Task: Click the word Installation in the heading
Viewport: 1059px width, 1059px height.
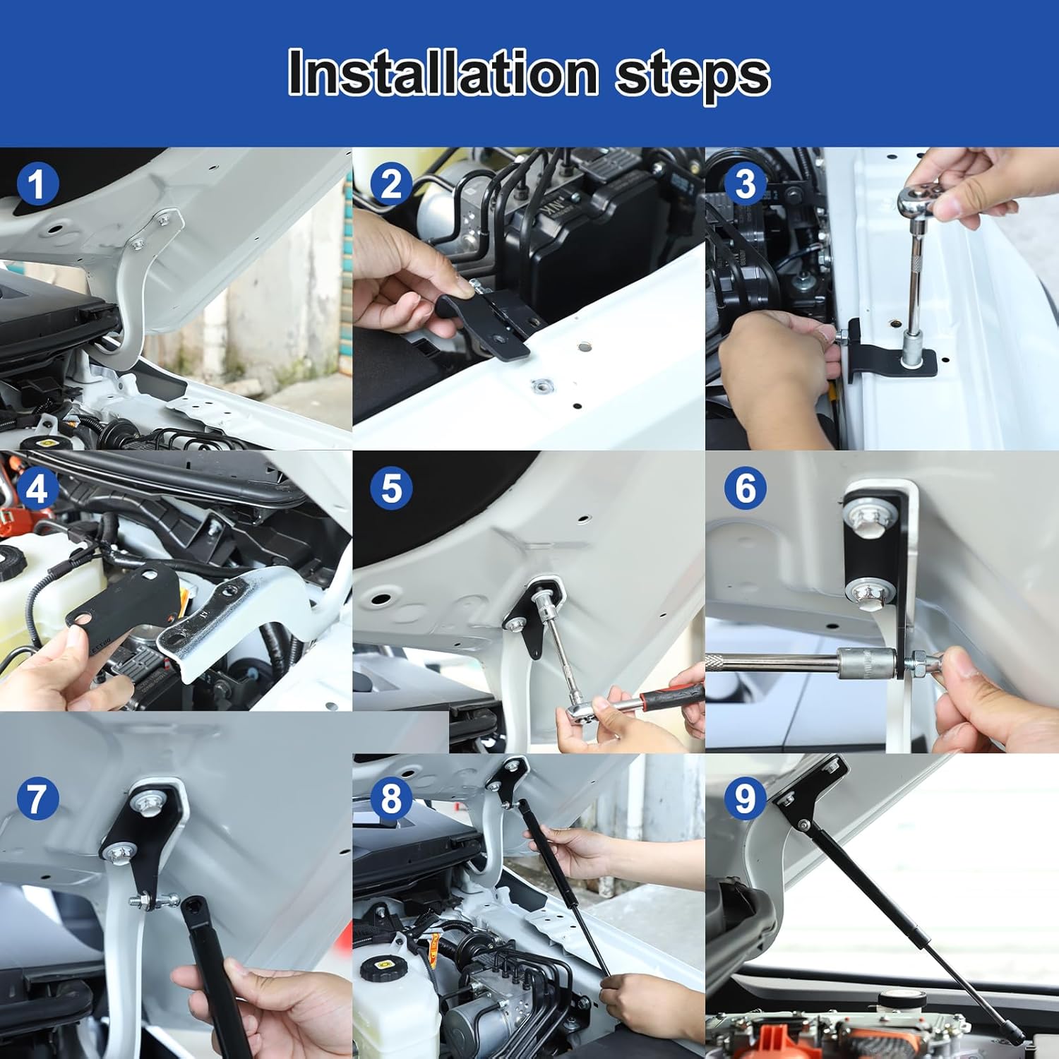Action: pyautogui.click(x=443, y=72)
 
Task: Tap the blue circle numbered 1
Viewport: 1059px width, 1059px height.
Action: pyautogui.click(x=37, y=184)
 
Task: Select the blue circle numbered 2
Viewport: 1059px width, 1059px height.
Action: pyautogui.click(x=391, y=184)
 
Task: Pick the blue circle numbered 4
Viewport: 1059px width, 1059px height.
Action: pyautogui.click(x=37, y=489)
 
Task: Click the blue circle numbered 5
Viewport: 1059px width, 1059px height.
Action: pyautogui.click(x=391, y=489)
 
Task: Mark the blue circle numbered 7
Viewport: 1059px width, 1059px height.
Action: pyautogui.click(x=37, y=798)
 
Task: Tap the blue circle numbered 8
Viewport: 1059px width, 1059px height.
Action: pyautogui.click(x=391, y=798)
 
